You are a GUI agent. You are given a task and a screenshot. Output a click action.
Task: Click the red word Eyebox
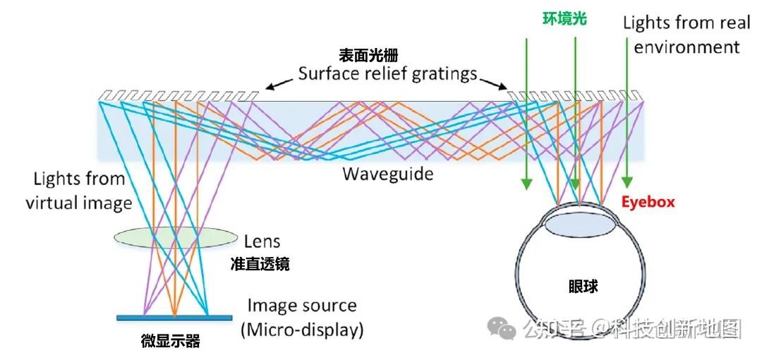pos(648,202)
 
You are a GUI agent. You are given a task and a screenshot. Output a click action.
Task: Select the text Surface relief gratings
pos(387,73)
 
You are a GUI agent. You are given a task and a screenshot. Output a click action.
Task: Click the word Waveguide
pos(387,173)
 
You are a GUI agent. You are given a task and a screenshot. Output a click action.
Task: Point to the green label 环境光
pos(564,20)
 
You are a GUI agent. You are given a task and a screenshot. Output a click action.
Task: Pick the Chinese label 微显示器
pos(171,342)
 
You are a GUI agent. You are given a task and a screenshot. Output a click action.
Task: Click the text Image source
pos(302,306)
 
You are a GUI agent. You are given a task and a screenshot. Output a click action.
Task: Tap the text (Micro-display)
pos(303,329)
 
